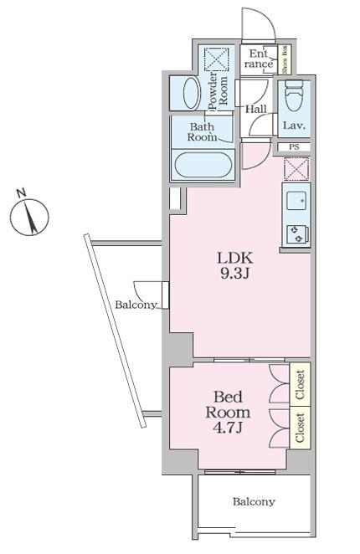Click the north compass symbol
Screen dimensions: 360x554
(29, 217)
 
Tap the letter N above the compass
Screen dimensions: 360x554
(21, 193)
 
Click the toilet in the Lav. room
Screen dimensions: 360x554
(294, 95)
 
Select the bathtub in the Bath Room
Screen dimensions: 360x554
(203, 165)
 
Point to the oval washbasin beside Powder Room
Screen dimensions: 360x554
(192, 94)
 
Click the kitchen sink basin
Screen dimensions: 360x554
(296, 200)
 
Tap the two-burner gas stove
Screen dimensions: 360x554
(297, 234)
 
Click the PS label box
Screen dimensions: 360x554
(294, 147)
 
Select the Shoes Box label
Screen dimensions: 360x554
(285, 59)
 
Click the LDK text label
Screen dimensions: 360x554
(234, 258)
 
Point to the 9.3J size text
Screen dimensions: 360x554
(234, 274)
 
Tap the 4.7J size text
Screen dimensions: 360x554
(228, 428)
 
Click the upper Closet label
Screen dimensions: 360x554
(301, 384)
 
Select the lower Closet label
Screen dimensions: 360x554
(301, 428)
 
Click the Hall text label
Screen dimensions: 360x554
(256, 109)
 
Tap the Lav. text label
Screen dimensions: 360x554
(294, 126)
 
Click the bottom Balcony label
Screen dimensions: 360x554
(254, 501)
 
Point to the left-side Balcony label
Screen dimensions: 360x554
(136, 305)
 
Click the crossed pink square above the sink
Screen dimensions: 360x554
(296, 169)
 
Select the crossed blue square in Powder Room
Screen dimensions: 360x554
(217, 59)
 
